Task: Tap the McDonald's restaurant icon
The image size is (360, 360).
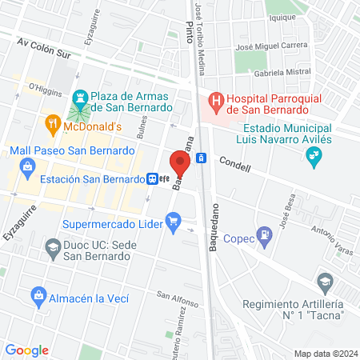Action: (52, 125)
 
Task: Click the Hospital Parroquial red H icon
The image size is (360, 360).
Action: (215, 102)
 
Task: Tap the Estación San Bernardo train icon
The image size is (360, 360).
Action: (151, 179)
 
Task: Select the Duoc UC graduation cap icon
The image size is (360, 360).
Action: (53, 248)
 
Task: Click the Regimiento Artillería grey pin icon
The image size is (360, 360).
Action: (324, 282)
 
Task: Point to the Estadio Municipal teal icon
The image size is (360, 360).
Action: (313, 158)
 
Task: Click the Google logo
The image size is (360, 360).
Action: (27, 350)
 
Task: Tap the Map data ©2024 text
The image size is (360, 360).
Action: (325, 353)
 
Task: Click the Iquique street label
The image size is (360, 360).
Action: (283, 16)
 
